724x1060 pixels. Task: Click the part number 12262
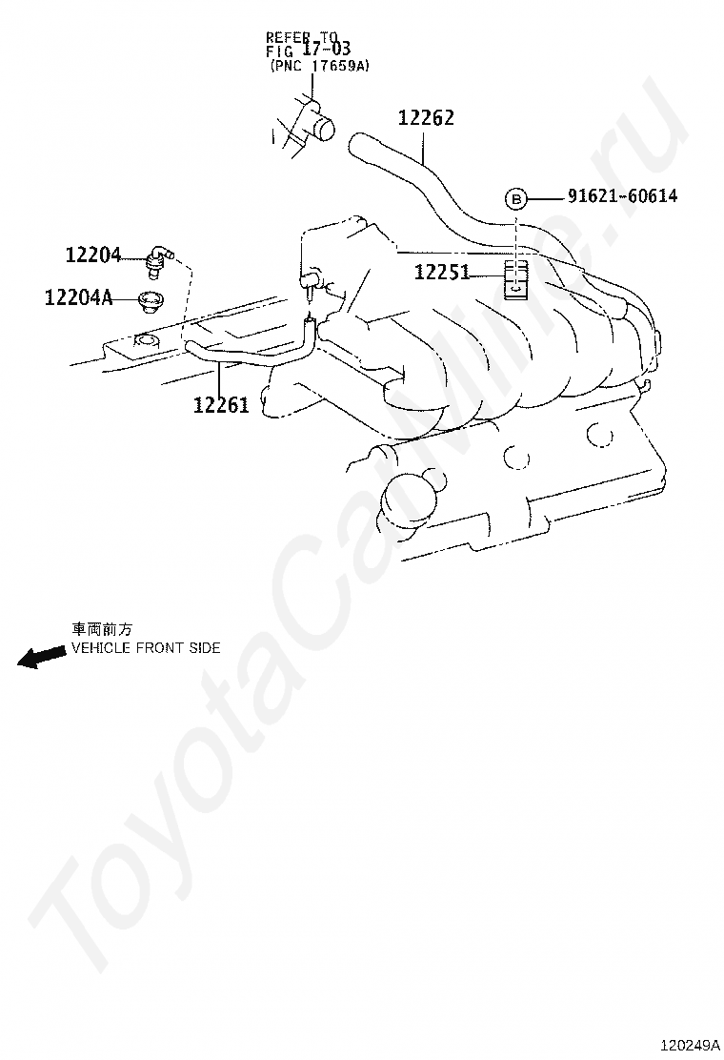point(426,118)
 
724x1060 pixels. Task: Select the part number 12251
point(442,273)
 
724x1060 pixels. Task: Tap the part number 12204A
point(78,298)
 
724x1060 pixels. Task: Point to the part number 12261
point(221,405)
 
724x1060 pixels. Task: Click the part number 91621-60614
point(622,196)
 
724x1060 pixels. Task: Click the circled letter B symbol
point(515,198)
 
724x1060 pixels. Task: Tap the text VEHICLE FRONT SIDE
point(146,648)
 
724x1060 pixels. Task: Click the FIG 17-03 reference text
point(308,51)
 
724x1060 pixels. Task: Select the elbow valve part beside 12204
point(159,255)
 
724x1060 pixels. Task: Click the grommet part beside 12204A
point(150,300)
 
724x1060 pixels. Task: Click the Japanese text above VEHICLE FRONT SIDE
point(102,629)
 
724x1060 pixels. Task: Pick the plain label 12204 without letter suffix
point(93,255)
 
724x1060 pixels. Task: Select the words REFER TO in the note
point(296,39)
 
